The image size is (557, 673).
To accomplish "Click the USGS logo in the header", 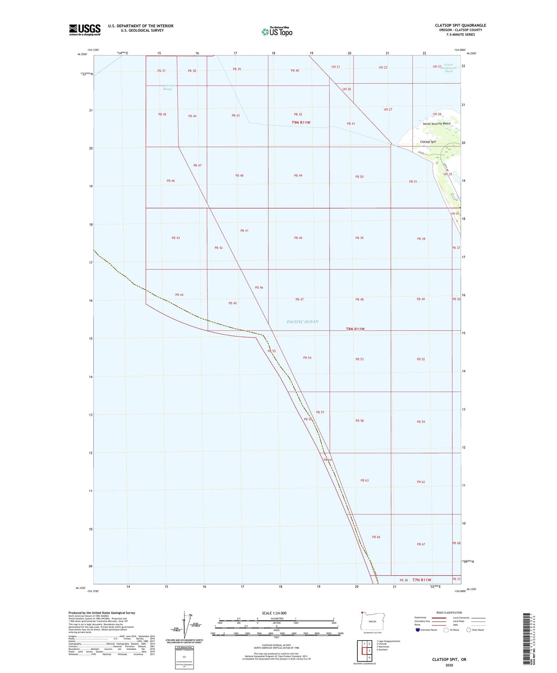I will click(85, 30).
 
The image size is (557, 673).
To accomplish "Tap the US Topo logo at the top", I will click(277, 31).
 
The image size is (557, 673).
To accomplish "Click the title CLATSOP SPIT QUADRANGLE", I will click(460, 25).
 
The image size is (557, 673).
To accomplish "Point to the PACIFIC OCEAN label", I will click(303, 322).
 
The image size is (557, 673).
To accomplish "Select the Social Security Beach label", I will click(436, 124).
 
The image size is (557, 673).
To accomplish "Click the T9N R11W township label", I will click(301, 123).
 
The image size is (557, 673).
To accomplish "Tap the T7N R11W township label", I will click(422, 580).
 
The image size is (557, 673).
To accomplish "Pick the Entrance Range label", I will click(168, 87).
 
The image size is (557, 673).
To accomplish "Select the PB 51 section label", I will click(413, 182).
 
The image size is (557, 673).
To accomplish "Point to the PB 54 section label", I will click(307, 358).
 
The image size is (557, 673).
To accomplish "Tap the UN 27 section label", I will click(388, 109).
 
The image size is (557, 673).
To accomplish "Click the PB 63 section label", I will click(364, 480).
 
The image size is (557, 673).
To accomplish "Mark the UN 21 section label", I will click(336, 67).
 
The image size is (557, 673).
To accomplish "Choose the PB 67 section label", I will click(421, 544).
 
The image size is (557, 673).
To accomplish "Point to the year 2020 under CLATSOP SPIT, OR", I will click(449, 665).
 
